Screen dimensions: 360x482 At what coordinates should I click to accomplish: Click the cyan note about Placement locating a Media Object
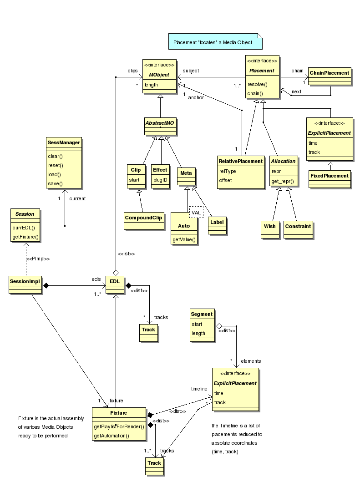[215, 41]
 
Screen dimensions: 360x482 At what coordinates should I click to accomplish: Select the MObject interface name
[159, 75]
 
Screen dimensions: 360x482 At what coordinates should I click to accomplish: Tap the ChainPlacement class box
[330, 76]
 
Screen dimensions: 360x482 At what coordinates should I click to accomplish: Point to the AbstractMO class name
[160, 123]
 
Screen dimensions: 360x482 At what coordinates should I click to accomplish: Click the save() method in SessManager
[56, 183]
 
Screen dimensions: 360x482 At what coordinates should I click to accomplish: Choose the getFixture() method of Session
[25, 237]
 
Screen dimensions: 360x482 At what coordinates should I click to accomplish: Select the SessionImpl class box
[25, 285]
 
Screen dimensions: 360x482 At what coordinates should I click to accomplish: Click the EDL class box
[115, 285]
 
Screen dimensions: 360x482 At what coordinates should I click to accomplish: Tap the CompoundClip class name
[143, 218]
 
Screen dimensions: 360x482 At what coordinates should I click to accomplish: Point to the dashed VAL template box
[196, 212]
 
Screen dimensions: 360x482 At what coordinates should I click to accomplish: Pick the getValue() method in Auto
[184, 239]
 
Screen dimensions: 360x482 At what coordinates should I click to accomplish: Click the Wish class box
[270, 230]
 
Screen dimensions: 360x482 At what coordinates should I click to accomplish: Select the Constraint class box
[298, 230]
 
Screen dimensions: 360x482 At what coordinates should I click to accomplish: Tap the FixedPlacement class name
[330, 176]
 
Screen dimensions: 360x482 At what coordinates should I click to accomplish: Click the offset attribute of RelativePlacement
[225, 180]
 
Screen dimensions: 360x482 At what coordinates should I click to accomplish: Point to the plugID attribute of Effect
[161, 180]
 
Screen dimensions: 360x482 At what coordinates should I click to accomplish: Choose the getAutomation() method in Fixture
[112, 436]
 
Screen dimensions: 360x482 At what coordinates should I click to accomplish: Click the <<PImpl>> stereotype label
[38, 259]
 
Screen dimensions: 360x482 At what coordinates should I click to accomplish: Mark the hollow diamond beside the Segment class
[219, 326]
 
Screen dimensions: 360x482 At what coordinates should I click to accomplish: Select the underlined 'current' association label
[77, 198]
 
